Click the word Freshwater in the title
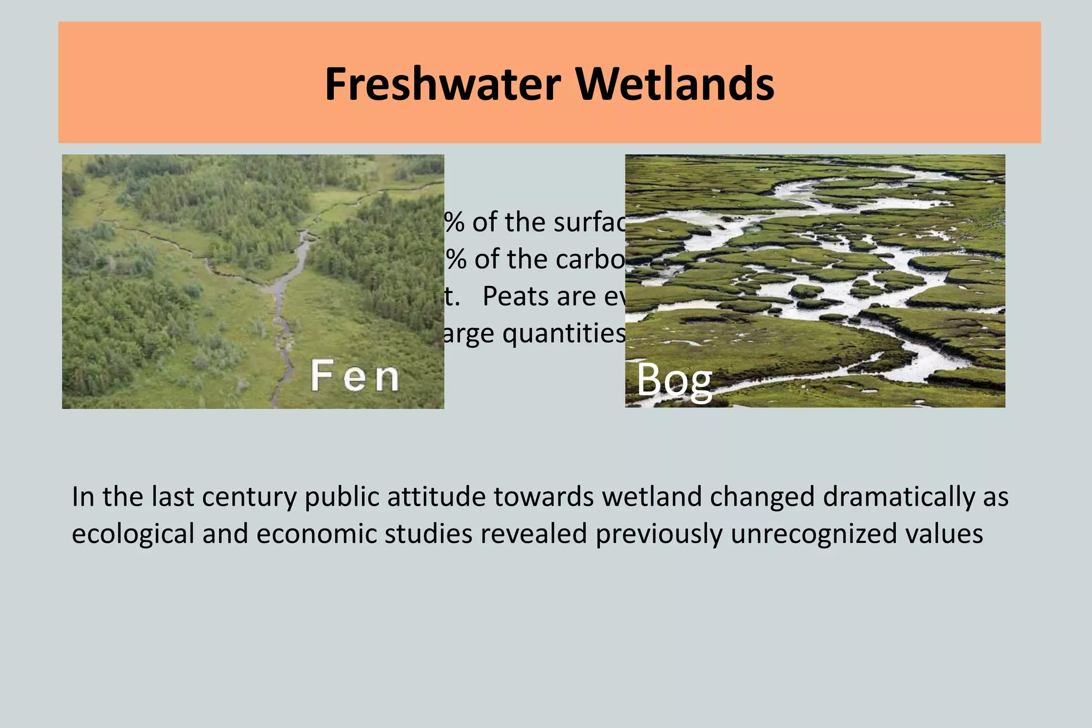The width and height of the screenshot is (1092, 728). point(443,84)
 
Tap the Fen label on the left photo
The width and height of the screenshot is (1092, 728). point(355,376)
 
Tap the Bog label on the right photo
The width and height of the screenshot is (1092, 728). point(674,380)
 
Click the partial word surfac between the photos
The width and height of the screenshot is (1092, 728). point(589,222)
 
